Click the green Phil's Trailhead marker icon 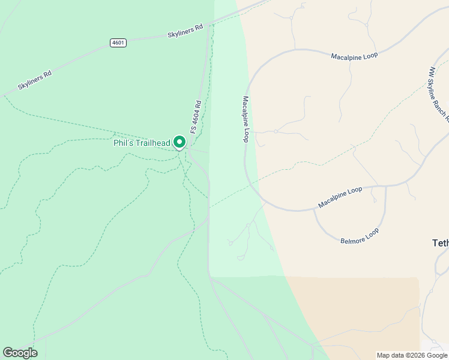coord(179,142)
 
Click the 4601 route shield coord(118,43)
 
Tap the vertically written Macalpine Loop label coord(246,119)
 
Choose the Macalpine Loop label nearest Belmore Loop coord(340,197)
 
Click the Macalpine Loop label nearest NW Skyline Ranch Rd coord(354,56)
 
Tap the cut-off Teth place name coord(440,243)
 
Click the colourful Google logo coord(20,352)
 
